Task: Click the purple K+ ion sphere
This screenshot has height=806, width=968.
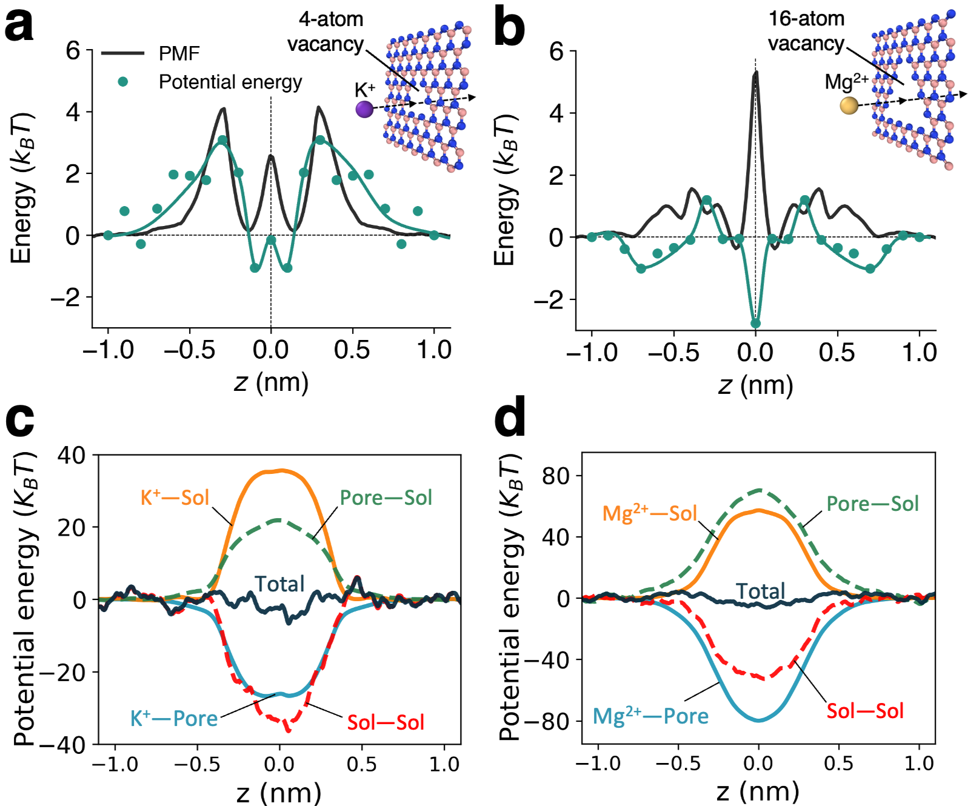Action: [x=364, y=109]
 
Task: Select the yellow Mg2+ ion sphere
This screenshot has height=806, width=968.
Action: [x=849, y=106]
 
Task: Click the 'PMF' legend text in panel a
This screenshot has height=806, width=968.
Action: [x=179, y=53]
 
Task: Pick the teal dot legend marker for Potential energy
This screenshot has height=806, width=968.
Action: [x=123, y=81]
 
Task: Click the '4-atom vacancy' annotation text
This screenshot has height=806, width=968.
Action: [x=327, y=32]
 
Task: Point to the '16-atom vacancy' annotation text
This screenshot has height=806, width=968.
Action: [x=806, y=31]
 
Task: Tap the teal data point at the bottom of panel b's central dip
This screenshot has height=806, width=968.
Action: [x=755, y=324]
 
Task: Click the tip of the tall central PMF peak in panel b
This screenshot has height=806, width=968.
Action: [x=755, y=73]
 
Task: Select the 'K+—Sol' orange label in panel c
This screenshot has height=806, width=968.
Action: [x=175, y=498]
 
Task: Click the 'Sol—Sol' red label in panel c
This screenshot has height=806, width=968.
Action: [x=386, y=722]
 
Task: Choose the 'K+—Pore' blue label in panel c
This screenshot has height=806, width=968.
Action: [x=174, y=718]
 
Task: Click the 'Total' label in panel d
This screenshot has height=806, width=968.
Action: [x=760, y=591]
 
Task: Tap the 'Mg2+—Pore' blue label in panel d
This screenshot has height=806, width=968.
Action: [x=650, y=716]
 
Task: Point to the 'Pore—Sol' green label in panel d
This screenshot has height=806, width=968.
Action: [x=872, y=504]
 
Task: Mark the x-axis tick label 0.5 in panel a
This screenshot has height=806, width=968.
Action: [x=352, y=350]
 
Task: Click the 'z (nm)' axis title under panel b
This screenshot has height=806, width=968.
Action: [x=755, y=385]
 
